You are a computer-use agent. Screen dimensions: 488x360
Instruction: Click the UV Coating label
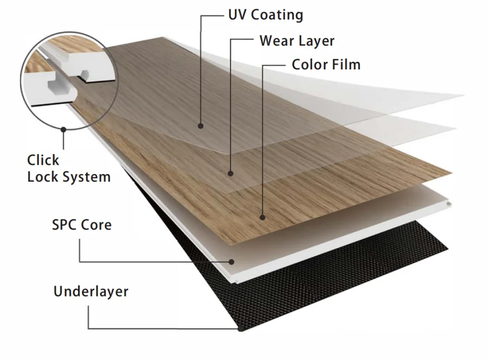click(x=265, y=15)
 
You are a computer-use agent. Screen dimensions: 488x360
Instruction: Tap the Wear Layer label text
click(x=297, y=41)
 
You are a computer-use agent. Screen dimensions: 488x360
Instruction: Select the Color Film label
click(x=326, y=65)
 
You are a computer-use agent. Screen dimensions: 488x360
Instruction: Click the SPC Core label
click(x=82, y=224)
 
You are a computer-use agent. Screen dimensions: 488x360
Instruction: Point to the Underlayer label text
click(x=91, y=292)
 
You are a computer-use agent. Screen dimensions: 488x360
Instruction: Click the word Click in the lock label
click(x=43, y=160)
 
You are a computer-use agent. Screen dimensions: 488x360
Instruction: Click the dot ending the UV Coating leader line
click(x=201, y=126)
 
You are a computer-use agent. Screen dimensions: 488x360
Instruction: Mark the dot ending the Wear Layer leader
click(x=230, y=174)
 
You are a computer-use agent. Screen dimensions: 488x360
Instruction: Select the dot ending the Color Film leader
click(x=263, y=217)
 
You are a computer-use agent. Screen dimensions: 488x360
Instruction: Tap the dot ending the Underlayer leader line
click(x=240, y=328)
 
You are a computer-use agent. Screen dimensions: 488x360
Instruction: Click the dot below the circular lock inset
click(x=64, y=130)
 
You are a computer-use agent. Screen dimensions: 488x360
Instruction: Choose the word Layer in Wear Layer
click(x=316, y=41)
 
